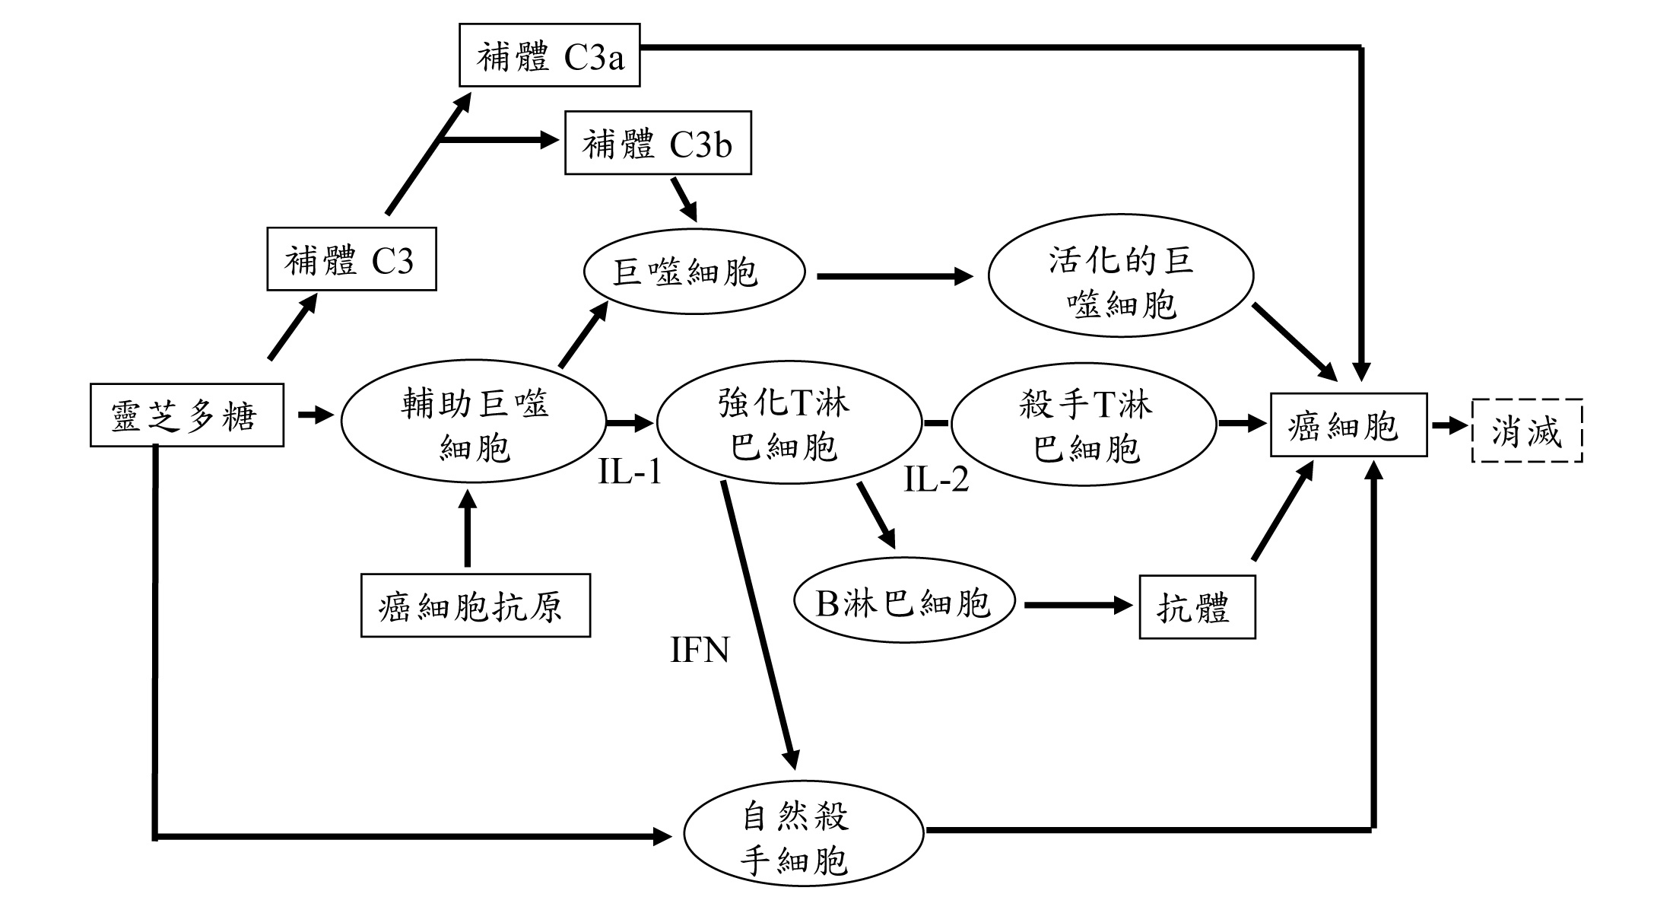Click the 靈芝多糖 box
point(186,415)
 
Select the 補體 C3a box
point(549,55)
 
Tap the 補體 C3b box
point(658,143)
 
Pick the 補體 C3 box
point(351,259)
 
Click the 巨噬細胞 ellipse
point(694,272)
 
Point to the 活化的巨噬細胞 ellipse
point(1120,284)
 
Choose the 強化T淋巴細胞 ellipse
point(789,423)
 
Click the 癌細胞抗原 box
point(475,606)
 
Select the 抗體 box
point(1196,607)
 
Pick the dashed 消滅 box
point(1527,431)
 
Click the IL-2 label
point(936,479)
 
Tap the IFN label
point(700,651)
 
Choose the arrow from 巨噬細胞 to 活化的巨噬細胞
point(894,276)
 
